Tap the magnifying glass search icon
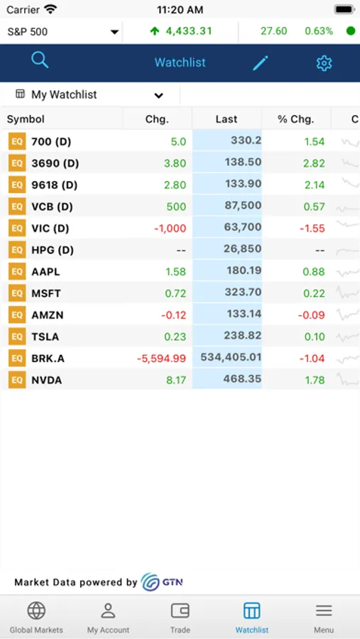coord(40,60)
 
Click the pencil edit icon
coord(261,63)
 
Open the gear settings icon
coord(324,63)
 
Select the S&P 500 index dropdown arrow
coord(114,32)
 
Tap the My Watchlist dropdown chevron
coord(158,95)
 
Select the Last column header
coord(227,119)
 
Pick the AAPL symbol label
coord(45,271)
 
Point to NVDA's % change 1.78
coord(314,380)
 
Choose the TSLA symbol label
coord(45,337)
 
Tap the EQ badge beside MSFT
coord(17,293)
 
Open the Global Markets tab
coord(36,617)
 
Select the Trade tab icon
coord(180,611)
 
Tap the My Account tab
coord(108,617)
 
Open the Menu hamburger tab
coord(324,617)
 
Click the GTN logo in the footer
coord(162,582)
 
